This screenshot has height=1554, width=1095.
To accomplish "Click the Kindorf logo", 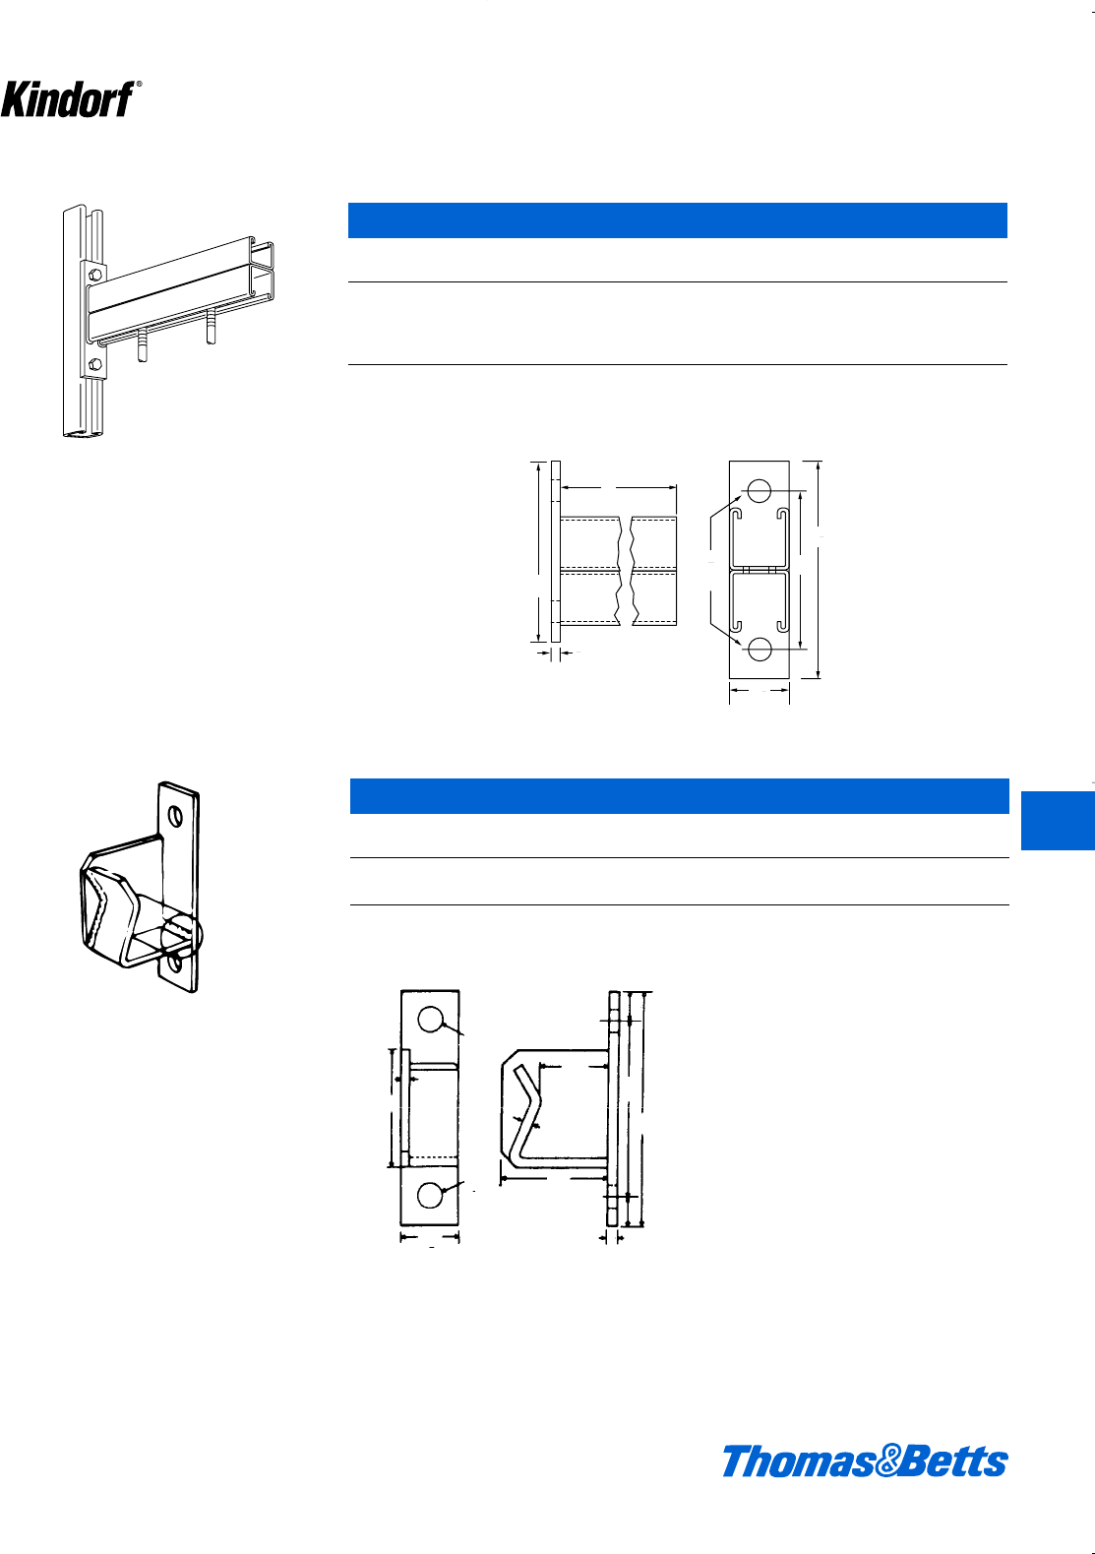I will (66, 98).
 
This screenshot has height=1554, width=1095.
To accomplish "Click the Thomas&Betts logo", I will (864, 1461).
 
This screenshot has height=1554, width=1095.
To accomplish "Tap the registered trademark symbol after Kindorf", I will (139, 86).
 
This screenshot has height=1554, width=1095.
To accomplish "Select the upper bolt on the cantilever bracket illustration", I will (94, 275).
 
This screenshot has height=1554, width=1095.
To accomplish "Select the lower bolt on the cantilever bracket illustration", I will (95, 365).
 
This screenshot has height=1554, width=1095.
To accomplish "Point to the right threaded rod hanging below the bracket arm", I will (210, 326).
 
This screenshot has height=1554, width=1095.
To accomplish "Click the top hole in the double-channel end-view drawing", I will (759, 490).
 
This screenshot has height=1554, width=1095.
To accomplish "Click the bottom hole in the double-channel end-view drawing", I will (759, 649).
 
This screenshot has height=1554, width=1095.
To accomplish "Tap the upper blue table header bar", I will (677, 220).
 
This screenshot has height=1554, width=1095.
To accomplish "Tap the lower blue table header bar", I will (679, 796).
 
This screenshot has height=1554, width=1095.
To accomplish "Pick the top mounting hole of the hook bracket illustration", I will (175, 817).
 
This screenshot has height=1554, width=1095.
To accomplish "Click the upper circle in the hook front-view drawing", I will (430, 1020).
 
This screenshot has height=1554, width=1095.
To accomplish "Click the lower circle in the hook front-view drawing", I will (430, 1195).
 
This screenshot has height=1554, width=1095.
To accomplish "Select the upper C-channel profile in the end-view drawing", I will (759, 537).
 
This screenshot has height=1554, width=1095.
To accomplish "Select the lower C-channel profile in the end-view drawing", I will (759, 601).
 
